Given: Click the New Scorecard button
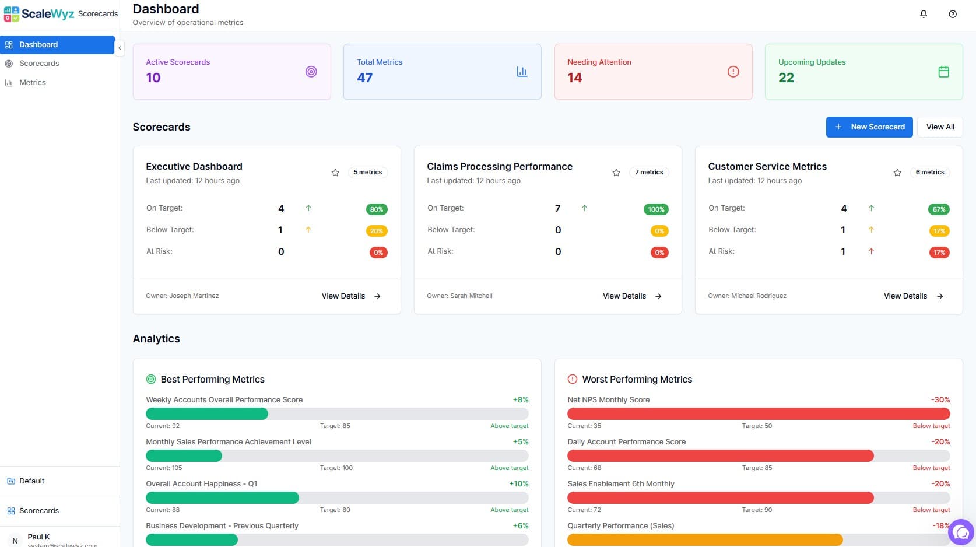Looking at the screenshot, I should click(x=869, y=127).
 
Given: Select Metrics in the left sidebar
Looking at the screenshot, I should click(x=32, y=83).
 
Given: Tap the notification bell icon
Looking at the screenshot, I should click(x=924, y=14).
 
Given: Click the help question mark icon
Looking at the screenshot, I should click(x=953, y=14).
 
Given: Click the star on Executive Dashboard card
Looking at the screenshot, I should click(x=335, y=173).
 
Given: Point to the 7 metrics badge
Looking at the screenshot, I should click(x=649, y=173).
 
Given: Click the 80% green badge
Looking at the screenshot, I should click(x=377, y=209).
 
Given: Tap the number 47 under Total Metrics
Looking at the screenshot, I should click(x=365, y=78).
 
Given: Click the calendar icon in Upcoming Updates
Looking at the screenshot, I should click(x=943, y=72).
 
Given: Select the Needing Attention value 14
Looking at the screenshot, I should click(x=574, y=78).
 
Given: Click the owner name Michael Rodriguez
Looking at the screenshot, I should click(x=759, y=296).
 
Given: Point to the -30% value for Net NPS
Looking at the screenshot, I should click(x=940, y=400).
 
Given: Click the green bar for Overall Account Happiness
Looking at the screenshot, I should click(x=222, y=498).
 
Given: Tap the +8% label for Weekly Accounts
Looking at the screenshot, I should click(x=520, y=400).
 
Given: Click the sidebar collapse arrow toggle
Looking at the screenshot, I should click(x=120, y=48).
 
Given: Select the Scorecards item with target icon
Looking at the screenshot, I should click(x=38, y=64).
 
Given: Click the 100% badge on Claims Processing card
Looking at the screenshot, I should click(x=656, y=209).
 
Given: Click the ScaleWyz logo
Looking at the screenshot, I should click(x=38, y=14).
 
